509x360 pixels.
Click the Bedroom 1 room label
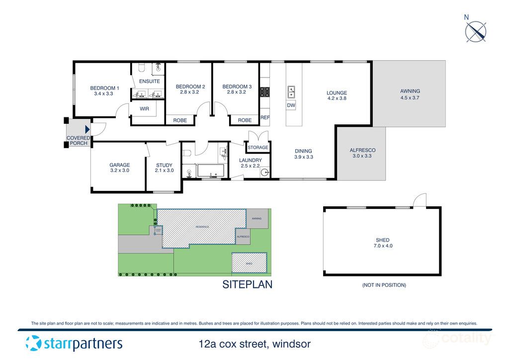104,88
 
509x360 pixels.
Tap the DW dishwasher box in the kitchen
291,105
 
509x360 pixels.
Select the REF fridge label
264,118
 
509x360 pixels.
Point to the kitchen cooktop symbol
265,92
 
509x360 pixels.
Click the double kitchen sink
291,92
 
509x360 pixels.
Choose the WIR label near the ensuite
145,108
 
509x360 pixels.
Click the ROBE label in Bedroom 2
180,120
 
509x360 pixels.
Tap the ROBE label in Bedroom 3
245,120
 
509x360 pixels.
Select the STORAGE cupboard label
258,148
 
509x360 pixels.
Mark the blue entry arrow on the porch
87,130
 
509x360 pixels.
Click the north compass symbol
476,31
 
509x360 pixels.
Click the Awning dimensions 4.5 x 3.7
410,98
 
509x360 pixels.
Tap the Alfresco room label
362,150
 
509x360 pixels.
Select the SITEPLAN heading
247,285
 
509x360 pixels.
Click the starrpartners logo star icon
33,343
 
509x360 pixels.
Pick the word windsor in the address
293,344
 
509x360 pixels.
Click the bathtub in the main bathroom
211,171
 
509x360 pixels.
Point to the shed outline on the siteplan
249,263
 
